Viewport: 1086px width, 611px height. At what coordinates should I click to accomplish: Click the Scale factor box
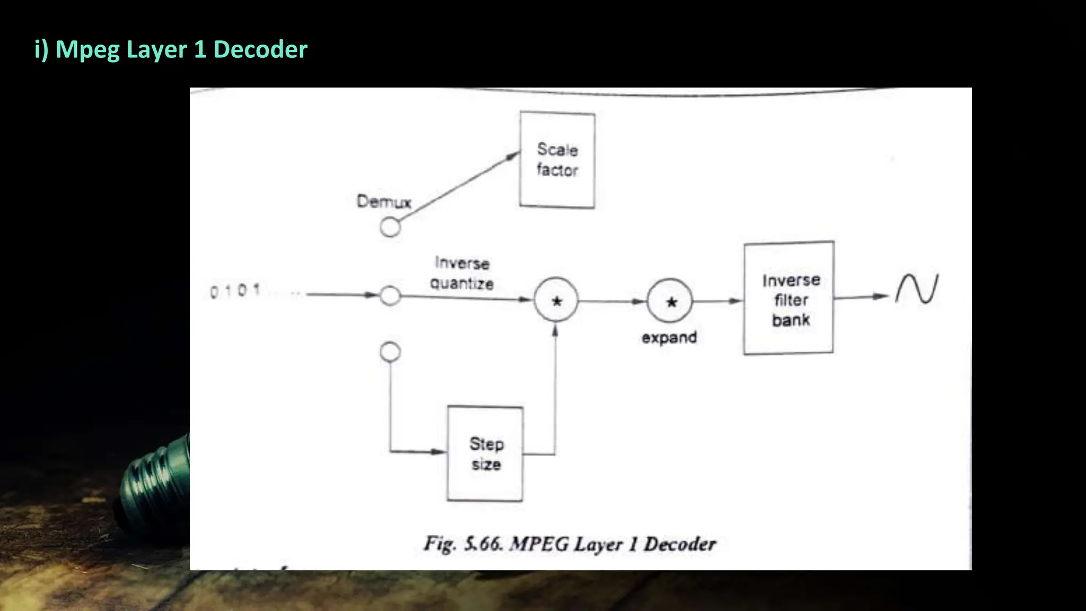click(x=557, y=160)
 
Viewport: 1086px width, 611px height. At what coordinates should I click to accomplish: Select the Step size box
click(x=485, y=453)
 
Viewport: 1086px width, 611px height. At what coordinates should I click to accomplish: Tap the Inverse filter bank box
click(x=789, y=298)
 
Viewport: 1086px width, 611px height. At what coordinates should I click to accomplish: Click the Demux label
click(x=384, y=202)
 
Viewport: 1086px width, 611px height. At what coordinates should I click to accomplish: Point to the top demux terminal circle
click(x=390, y=228)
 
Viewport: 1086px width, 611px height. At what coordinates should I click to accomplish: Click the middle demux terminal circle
click(x=390, y=295)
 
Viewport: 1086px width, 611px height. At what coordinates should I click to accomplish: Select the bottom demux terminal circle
click(x=390, y=352)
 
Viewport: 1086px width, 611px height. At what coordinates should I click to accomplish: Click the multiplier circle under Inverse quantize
click(x=556, y=300)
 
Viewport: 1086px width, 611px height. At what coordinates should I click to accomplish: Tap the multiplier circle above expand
click(x=670, y=301)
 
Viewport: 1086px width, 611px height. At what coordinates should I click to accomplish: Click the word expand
click(x=669, y=337)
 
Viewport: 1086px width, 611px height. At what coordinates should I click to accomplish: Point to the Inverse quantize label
click(x=462, y=273)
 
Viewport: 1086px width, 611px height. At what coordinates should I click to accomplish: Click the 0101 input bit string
click(x=235, y=291)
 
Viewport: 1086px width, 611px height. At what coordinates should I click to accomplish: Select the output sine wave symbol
click(x=917, y=289)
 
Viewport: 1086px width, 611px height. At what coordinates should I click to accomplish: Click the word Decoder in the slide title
click(x=260, y=49)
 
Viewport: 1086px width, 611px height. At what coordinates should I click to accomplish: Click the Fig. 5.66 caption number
click(x=483, y=544)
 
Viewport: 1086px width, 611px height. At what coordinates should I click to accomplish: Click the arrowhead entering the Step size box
click(x=439, y=452)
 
